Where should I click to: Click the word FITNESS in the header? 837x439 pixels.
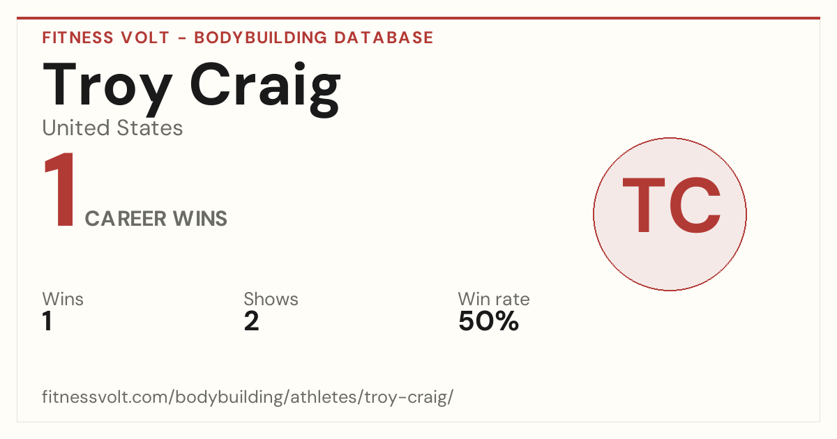[77, 38]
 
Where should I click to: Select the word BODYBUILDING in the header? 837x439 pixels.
[260, 38]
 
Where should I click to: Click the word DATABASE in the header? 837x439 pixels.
[384, 38]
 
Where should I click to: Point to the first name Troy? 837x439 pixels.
[107, 89]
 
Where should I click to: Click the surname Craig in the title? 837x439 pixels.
[265, 89]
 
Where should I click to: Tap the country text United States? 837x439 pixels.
[112, 128]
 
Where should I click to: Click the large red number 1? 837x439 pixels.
[60, 190]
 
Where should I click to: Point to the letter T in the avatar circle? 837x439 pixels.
[643, 205]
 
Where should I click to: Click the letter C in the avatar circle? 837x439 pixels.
[695, 205]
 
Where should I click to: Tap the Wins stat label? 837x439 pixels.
[63, 299]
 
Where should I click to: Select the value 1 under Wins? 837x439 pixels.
[47, 321]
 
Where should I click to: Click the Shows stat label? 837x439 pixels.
[271, 299]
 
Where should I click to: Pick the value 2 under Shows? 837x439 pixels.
[252, 321]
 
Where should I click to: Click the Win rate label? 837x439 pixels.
[494, 299]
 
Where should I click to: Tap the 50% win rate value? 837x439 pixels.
[489, 321]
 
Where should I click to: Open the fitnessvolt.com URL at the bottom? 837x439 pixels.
[248, 396]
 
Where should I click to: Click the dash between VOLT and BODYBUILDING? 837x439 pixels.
[182, 38]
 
